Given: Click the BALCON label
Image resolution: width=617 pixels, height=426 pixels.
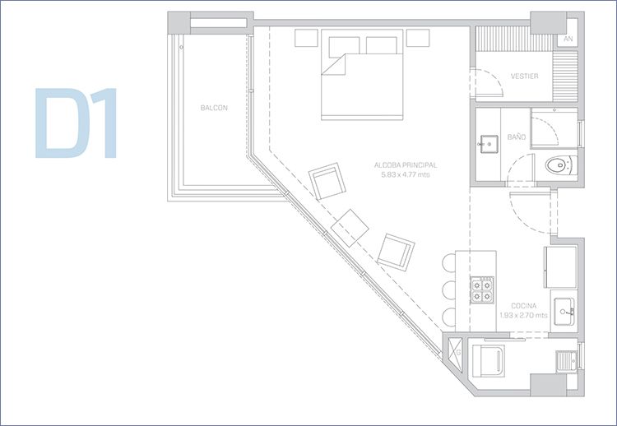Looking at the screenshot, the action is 214,108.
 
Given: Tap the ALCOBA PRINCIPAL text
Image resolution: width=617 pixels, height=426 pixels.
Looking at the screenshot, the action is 406,165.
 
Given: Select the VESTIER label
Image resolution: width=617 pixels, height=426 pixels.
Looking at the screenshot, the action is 525,76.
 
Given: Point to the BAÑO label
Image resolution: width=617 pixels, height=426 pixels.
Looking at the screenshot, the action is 517,137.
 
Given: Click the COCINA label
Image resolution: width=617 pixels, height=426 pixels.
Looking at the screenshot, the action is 524,306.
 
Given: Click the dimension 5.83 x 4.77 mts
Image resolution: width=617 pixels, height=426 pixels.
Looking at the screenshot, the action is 406,174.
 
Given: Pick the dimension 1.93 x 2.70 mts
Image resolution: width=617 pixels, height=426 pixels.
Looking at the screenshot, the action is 523,315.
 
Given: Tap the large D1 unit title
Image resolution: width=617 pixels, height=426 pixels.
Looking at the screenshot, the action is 76,123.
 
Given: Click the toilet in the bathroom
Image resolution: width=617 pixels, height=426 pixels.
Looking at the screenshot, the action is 561,164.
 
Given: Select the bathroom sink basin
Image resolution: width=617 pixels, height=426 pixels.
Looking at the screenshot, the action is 489,145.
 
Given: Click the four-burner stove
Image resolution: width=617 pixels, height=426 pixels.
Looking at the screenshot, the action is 482,289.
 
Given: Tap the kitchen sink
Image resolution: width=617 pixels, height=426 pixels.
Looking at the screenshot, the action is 564,311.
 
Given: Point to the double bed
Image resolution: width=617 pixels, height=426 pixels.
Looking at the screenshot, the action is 362,75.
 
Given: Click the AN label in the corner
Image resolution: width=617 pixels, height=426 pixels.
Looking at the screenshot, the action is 568,39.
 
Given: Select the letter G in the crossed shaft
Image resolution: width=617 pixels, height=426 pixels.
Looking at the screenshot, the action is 458,353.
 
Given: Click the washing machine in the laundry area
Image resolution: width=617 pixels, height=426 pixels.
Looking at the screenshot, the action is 489,361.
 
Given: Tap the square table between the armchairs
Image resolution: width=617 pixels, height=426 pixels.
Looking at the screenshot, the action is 350,228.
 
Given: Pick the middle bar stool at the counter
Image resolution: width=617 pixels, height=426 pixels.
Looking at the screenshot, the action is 449,290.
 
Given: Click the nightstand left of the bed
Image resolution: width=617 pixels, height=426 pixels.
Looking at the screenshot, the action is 307,38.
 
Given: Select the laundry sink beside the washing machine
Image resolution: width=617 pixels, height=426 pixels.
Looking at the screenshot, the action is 566,361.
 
